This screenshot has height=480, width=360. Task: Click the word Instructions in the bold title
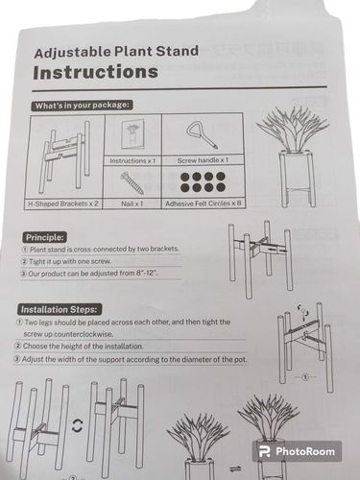tap(95, 72)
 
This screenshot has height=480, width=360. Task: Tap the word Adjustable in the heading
tap(73, 53)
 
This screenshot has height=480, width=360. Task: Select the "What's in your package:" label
tap(83, 106)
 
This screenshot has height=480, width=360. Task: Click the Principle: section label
tap(45, 237)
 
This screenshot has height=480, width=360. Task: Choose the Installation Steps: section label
tap(60, 309)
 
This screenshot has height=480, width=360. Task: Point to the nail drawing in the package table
tap(132, 182)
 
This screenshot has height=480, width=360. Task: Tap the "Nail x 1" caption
tap(132, 204)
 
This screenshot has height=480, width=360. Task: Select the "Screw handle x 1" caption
tap(203, 160)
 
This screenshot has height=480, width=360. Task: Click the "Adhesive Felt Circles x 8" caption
tap(204, 204)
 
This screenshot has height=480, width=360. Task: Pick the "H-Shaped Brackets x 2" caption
tap(63, 204)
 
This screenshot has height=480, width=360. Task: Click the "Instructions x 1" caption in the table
tap(132, 160)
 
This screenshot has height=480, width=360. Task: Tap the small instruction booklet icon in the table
tap(133, 134)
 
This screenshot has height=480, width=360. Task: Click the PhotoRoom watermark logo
tap(297, 451)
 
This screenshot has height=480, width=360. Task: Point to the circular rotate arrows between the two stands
tap(77, 425)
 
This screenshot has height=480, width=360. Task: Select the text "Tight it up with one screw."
tap(70, 261)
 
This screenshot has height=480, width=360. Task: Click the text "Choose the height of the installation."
tap(83, 347)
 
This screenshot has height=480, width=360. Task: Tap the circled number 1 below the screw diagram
tap(305, 377)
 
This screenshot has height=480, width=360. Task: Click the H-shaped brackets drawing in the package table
tap(65, 156)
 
